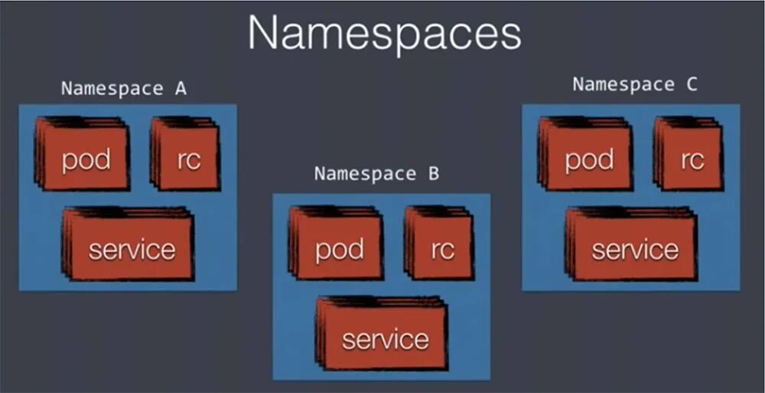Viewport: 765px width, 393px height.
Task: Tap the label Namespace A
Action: pos(124,88)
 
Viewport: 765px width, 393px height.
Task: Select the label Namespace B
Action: pos(376,173)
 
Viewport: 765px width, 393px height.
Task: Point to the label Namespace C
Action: pos(635,84)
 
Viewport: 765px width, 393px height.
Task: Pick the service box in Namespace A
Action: pos(130,245)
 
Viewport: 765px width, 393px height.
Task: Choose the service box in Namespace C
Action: pos(633,245)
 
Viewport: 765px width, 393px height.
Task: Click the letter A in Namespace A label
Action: pos(181,88)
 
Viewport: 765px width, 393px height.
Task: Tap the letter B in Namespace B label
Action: pos(434,173)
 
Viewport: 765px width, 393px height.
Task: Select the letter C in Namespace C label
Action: pos(692,84)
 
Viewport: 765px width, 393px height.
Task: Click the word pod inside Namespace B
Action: pos(340,249)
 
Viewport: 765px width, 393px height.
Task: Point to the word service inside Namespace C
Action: pos(635,249)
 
